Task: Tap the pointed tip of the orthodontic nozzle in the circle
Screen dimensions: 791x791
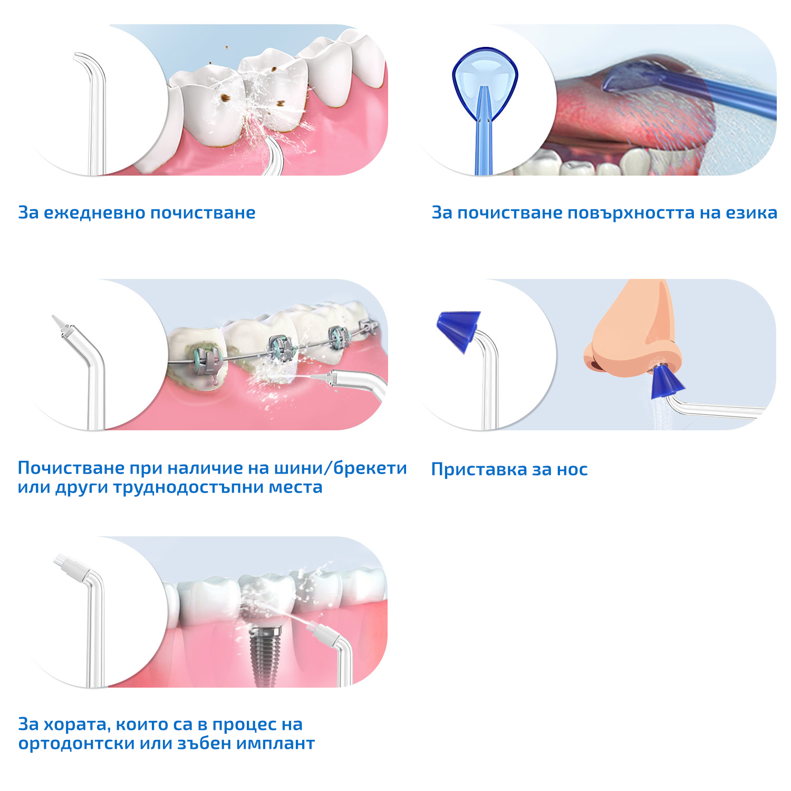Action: tap(54, 318)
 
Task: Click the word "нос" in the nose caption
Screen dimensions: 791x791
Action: tap(572, 470)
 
